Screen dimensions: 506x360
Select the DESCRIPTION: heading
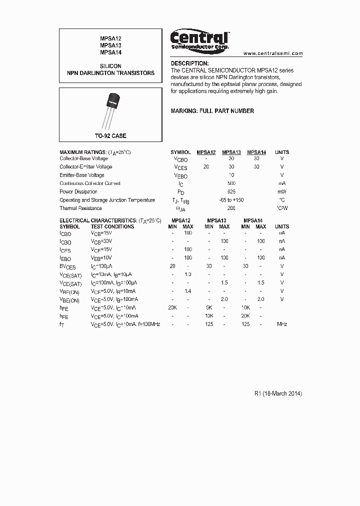pos(189,63)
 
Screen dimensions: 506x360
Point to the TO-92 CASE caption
pos(110,136)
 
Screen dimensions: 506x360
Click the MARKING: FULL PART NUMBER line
pos(212,111)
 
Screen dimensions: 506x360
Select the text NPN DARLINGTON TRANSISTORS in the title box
pos(110,73)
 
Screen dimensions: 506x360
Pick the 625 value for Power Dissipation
pos(231,192)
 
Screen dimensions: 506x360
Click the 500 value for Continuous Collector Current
pos(231,183)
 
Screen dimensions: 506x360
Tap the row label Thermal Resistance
pos(80,208)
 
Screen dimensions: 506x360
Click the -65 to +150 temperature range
pos(231,200)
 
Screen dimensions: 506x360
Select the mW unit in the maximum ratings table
pos(282,192)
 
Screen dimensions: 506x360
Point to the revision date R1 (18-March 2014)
pos(278,393)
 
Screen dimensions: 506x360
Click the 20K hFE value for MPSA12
pos(172,308)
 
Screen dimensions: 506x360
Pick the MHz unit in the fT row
pos(282,324)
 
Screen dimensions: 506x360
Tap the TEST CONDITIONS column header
pos(112,226)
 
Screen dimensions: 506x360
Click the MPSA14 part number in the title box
pos(110,52)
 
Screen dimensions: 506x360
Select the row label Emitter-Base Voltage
pos(82,175)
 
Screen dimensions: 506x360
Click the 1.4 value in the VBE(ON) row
pos(188,291)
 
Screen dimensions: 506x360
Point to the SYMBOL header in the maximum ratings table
pos(180,152)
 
